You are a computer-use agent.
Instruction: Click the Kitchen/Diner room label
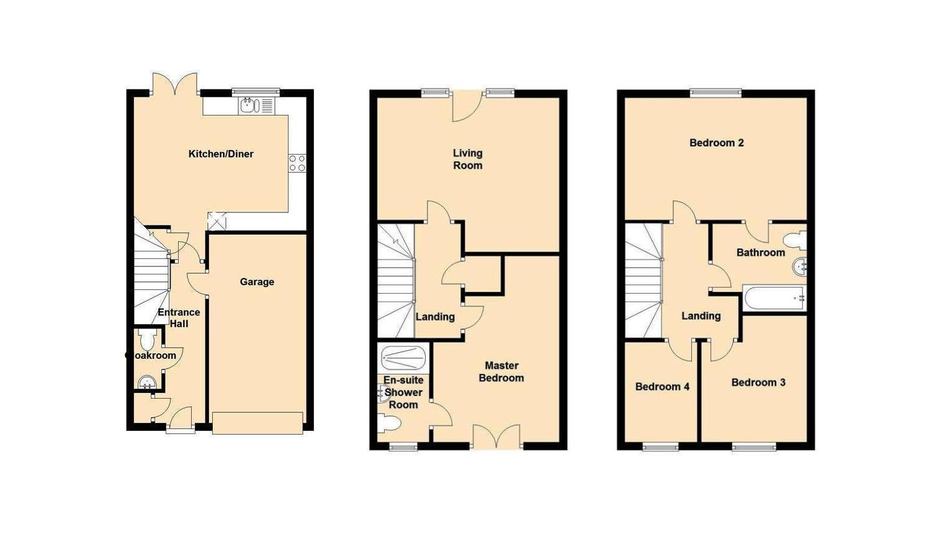coord(221,154)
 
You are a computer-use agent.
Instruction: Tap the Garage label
coord(257,282)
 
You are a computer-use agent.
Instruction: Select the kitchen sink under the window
coord(248,106)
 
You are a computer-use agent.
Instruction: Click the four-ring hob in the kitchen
coord(297,163)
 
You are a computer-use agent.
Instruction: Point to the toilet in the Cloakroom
coord(148,340)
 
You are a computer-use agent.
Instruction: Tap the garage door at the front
coord(258,423)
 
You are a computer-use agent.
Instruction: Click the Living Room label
coord(467,159)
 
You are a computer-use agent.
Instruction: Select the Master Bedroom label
coord(501,371)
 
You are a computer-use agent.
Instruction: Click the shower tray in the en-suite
coord(403,357)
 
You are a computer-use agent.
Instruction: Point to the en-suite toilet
coord(390,423)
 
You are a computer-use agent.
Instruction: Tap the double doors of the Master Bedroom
coord(496,437)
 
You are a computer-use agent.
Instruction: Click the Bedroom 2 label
coord(717,143)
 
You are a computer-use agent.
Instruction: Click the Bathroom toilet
coord(794,240)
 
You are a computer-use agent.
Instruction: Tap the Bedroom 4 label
coord(662,387)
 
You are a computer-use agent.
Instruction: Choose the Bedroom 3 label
coord(758,382)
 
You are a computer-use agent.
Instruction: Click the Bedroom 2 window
coord(716,93)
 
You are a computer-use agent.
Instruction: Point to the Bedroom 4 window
coord(660,446)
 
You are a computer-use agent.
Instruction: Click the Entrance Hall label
coord(179,318)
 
